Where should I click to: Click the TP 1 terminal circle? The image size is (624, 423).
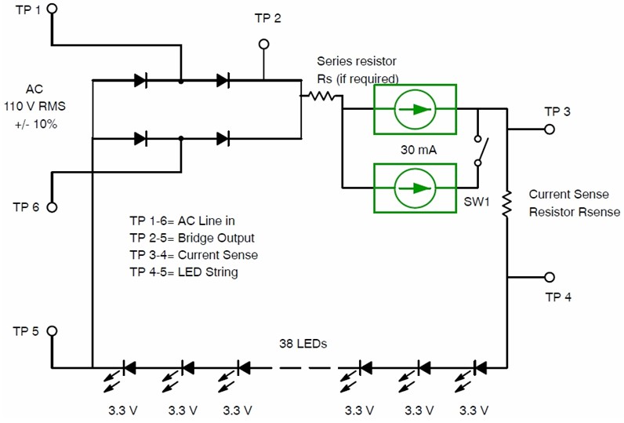tap(53, 9)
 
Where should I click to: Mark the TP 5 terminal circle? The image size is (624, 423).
tap(53, 331)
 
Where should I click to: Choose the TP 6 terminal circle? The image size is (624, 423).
tap(53, 207)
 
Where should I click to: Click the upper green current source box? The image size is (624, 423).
tap(415, 108)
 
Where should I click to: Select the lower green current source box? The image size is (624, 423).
tap(415, 188)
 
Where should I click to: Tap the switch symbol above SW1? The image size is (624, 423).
tap(479, 148)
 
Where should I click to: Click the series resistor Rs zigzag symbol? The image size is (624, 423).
tap(323, 97)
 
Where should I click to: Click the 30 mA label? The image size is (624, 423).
tap(415, 148)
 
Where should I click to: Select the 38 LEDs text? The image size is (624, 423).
tap(303, 344)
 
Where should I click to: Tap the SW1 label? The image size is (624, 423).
tap(474, 202)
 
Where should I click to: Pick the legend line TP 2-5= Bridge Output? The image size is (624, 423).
tap(191, 238)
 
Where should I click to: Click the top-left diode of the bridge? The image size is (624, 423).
tap(142, 80)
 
